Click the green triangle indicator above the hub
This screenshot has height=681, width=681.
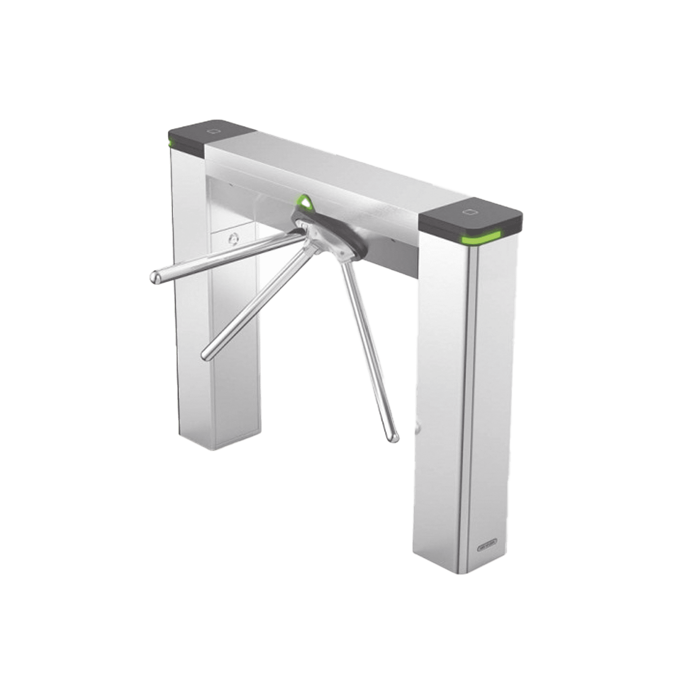pyautogui.click(x=304, y=202)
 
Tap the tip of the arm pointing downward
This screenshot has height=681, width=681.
pyautogui.click(x=393, y=436)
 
